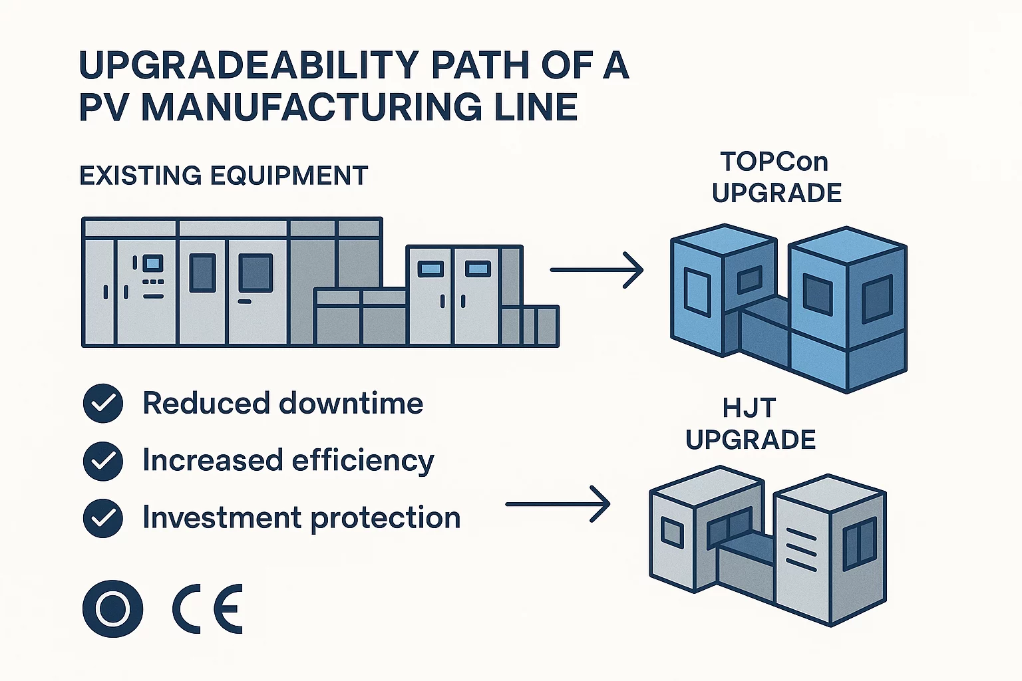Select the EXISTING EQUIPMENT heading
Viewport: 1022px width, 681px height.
[224, 176]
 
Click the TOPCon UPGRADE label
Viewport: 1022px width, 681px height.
[776, 178]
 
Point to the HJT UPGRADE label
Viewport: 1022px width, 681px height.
[751, 424]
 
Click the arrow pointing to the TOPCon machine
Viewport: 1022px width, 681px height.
[596, 270]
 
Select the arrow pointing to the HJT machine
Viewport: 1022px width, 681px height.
[558, 504]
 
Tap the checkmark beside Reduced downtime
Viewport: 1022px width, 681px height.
[103, 404]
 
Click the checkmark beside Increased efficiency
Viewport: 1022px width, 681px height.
[103, 461]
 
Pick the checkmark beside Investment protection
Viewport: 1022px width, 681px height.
[103, 518]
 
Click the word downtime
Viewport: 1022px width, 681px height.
[351, 404]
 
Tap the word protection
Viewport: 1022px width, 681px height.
[385, 518]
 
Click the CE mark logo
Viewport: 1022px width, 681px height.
[208, 609]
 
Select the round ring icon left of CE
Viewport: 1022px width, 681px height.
[112, 609]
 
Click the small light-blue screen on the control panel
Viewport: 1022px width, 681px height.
[153, 263]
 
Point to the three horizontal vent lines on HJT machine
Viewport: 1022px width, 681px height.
[801, 549]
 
